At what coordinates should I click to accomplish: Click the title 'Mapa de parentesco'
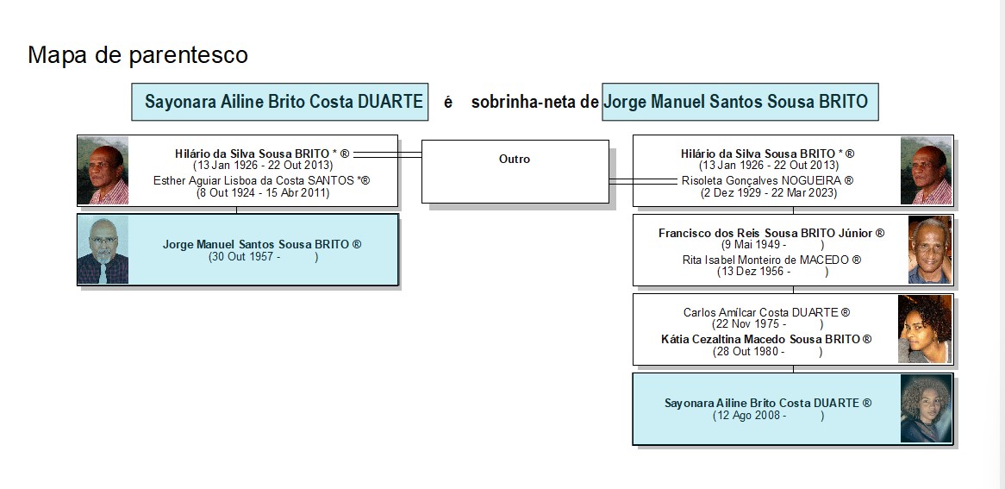coord(138,55)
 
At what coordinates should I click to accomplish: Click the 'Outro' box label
coord(515,160)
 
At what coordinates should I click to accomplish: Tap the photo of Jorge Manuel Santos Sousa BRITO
coord(103,249)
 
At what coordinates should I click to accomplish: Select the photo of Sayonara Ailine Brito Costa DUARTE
coord(927,409)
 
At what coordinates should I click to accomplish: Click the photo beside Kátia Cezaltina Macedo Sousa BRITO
coord(925,329)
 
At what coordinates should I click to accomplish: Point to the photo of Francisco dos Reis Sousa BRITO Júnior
coord(930,250)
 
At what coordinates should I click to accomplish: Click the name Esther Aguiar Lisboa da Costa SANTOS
coord(261,181)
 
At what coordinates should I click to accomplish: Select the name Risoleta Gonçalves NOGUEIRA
coord(767,181)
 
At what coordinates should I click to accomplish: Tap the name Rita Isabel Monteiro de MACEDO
coord(771,260)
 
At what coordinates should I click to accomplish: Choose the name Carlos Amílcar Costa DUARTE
coord(766,312)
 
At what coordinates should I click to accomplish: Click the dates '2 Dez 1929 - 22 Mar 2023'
coord(769,192)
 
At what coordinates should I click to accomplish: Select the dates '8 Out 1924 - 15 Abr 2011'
coord(263,192)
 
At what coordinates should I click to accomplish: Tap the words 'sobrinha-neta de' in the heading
coord(534,102)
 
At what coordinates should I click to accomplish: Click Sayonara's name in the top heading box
coord(284,102)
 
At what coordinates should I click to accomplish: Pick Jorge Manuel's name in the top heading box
coord(736,102)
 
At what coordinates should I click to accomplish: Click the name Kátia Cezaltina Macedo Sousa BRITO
coord(766,339)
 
